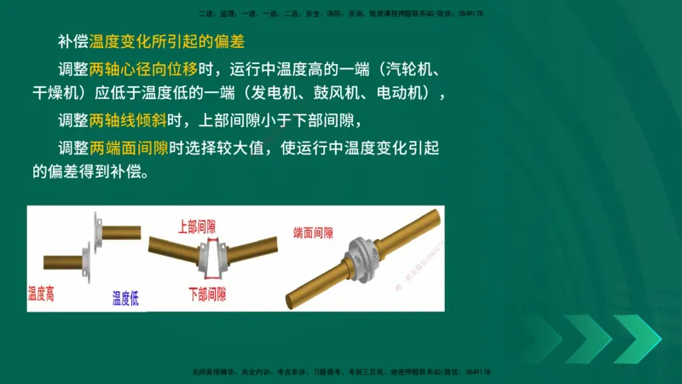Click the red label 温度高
tap(41, 293)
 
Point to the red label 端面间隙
tap(313, 232)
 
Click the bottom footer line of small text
tap(341, 372)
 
